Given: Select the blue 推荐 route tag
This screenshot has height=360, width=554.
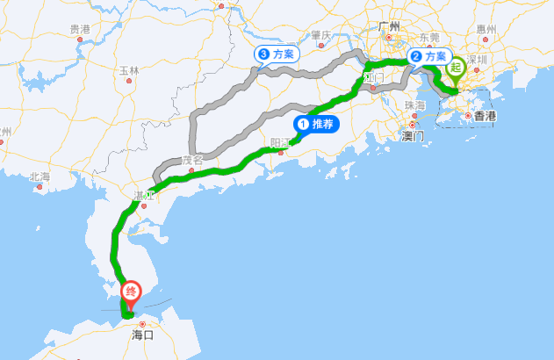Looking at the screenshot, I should (316, 125).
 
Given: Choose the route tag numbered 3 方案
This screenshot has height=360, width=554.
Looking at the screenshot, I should (277, 54).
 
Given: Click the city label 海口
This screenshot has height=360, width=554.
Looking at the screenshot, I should (142, 335).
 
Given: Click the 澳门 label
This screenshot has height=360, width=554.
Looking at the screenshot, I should (412, 137).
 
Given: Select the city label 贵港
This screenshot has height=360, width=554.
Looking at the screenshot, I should (80, 29).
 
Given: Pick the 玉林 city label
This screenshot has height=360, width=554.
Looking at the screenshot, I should (129, 70).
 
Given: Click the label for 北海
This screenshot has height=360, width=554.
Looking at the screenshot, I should (40, 176).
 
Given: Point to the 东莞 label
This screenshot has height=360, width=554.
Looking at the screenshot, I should (430, 37).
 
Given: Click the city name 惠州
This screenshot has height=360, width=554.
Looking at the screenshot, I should (486, 29).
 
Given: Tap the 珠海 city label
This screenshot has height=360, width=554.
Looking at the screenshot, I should (415, 105).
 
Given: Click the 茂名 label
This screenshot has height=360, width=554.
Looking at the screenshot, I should (192, 160).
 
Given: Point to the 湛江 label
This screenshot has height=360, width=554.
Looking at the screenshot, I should (143, 194).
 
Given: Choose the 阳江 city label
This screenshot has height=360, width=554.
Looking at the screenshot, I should (281, 141).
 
